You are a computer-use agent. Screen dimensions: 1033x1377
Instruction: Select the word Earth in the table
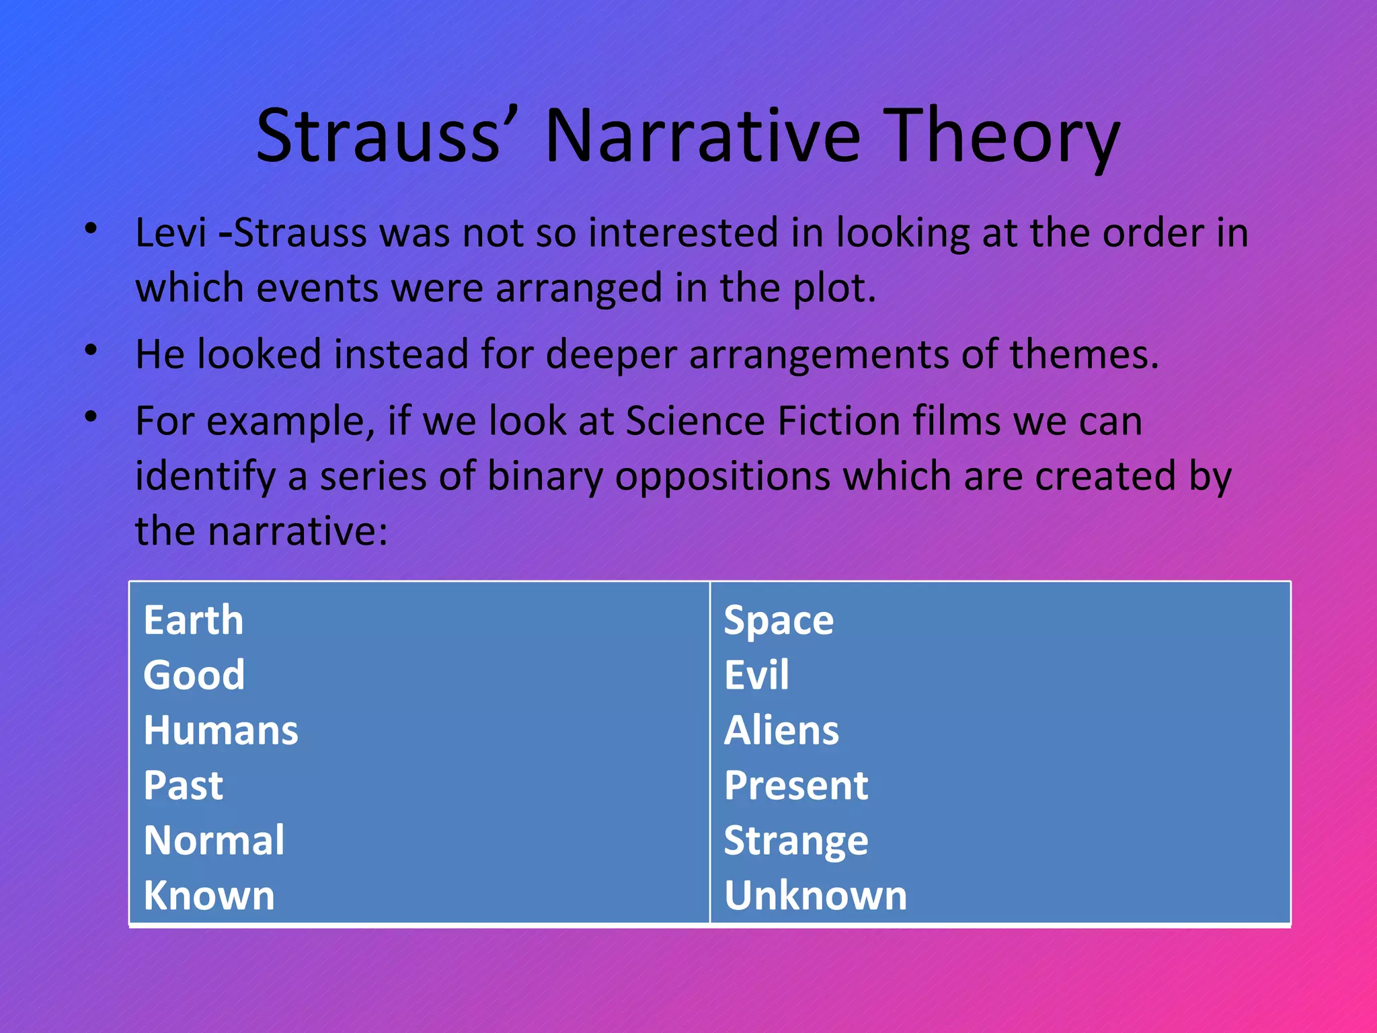[x=193, y=620]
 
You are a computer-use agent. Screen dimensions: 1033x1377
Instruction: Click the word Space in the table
[x=779, y=621]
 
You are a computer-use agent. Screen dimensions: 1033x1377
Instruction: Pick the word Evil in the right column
[x=756, y=675]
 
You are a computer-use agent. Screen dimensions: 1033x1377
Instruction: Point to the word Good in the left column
[x=194, y=675]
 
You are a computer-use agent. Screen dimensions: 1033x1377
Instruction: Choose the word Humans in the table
[x=221, y=730]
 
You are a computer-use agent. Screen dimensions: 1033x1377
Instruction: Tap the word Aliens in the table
[x=781, y=730]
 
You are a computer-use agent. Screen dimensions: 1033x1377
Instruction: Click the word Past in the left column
[x=183, y=786]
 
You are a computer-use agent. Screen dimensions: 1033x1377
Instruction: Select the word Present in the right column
[x=796, y=786]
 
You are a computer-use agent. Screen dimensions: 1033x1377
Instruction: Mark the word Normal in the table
[x=214, y=841]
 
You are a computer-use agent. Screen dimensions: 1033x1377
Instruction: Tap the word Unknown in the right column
[x=816, y=896]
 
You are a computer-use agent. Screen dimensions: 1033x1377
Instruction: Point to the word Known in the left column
[x=209, y=896]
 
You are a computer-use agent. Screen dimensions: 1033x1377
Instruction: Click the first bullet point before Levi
[x=91, y=229]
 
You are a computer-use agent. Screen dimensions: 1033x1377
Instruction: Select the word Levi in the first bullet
[x=170, y=233]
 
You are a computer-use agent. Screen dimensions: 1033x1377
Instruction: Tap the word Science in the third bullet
[x=695, y=422]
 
